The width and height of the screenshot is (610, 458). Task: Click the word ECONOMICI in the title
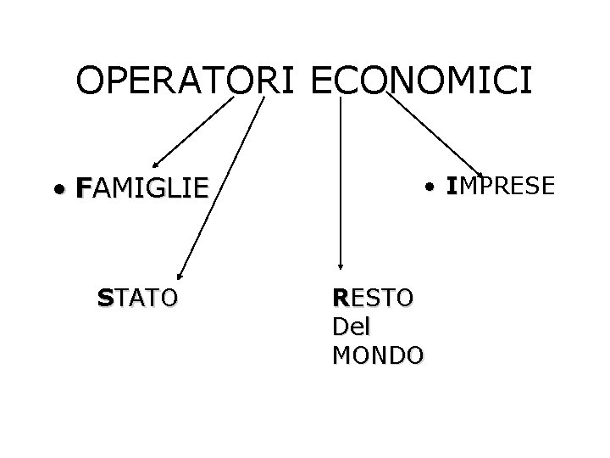click(x=422, y=81)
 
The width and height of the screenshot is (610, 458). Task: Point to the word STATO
click(x=137, y=298)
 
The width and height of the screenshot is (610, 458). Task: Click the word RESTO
click(x=374, y=298)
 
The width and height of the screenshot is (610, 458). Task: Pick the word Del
click(x=354, y=326)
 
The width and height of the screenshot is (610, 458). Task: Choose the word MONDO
click(x=378, y=355)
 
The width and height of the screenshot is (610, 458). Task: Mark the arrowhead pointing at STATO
click(x=180, y=273)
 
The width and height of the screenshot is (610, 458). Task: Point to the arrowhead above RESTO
click(x=340, y=265)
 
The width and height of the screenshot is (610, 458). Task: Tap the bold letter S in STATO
click(x=104, y=298)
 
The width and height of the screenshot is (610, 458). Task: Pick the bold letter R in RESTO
click(x=341, y=298)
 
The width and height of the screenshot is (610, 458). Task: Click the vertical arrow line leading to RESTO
click(x=340, y=178)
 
